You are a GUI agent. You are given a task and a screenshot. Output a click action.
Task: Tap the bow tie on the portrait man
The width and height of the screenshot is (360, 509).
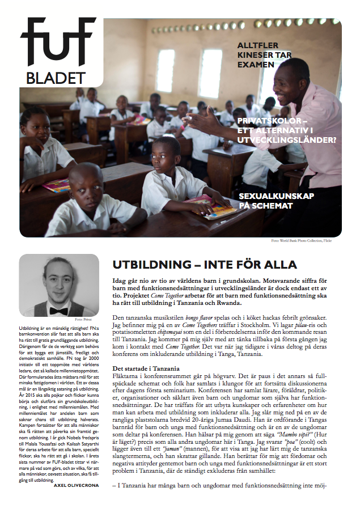58,311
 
